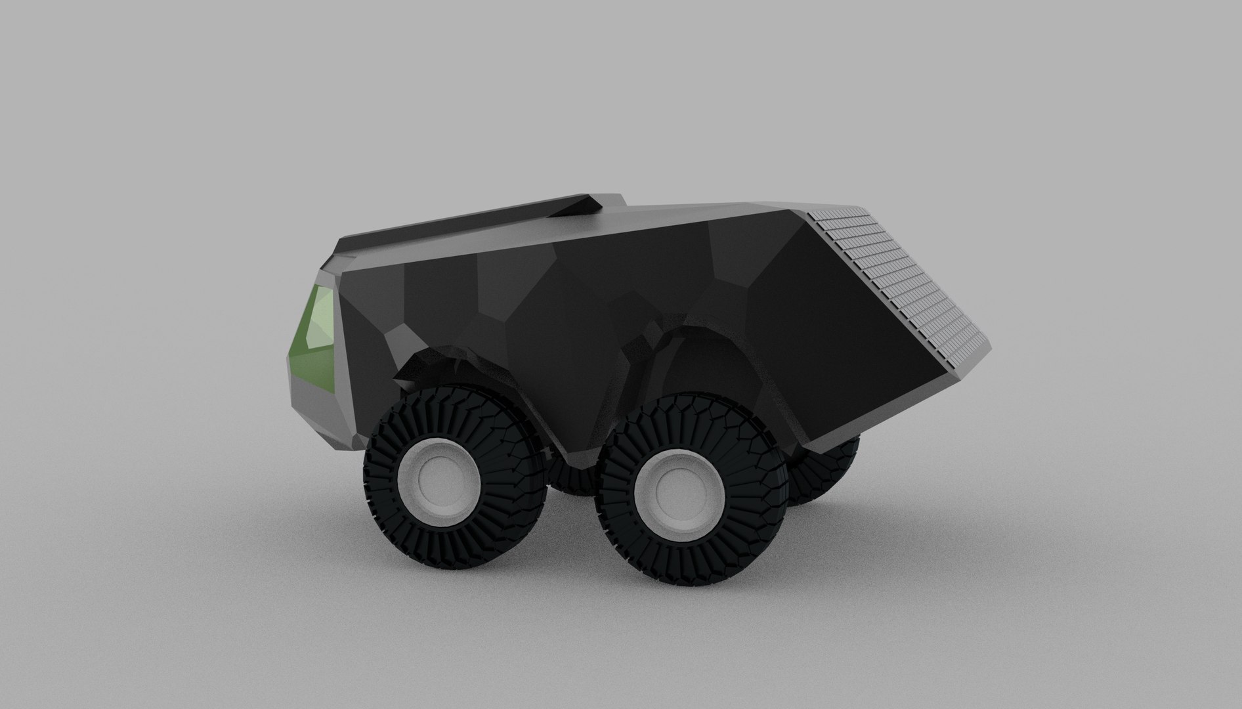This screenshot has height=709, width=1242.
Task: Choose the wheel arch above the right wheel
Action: point(689,348)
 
